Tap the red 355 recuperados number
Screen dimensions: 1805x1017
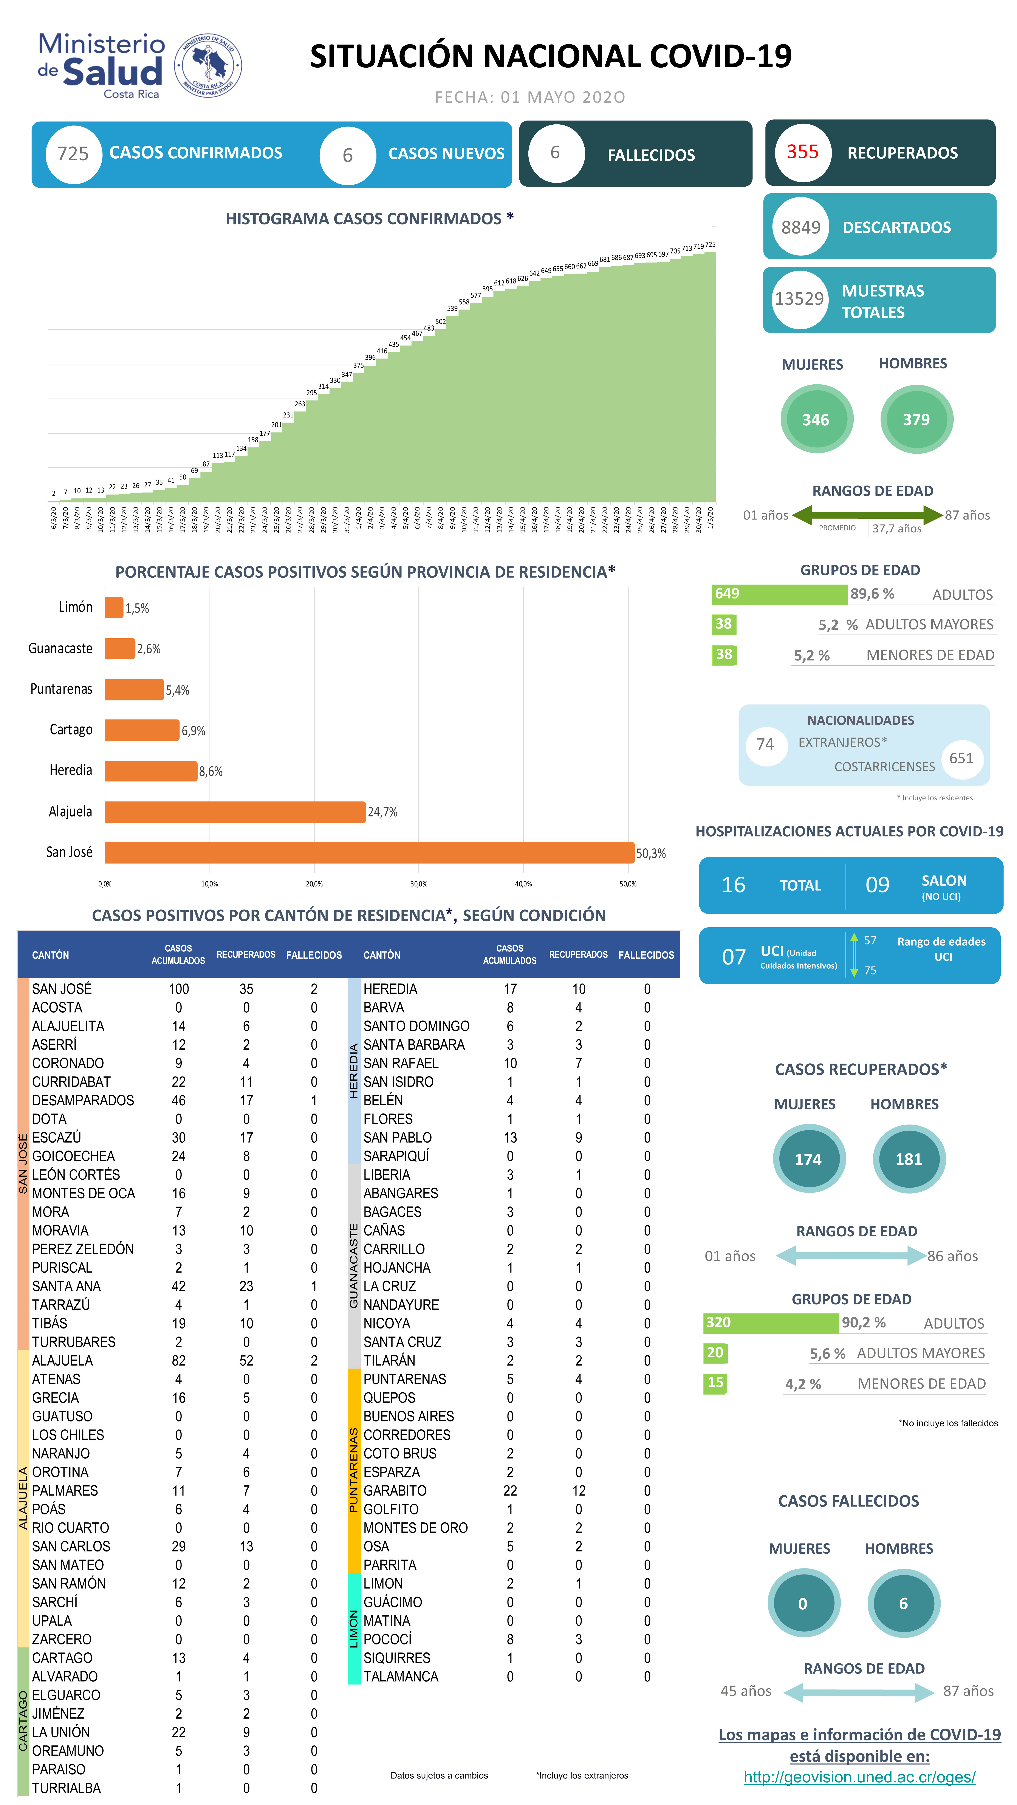(803, 152)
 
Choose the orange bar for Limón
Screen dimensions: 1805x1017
(114, 608)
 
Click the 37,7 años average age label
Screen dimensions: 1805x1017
(896, 528)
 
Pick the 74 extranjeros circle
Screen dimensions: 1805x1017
(765, 744)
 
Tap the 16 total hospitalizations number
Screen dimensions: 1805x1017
(733, 885)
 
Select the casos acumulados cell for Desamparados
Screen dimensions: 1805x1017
(179, 1100)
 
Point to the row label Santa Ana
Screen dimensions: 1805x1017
(67, 1286)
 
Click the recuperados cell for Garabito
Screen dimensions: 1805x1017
(578, 1490)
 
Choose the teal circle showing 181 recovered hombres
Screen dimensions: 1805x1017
(908, 1159)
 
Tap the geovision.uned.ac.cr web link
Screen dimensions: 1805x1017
(859, 1777)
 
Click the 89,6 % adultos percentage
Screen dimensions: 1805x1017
(872, 594)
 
